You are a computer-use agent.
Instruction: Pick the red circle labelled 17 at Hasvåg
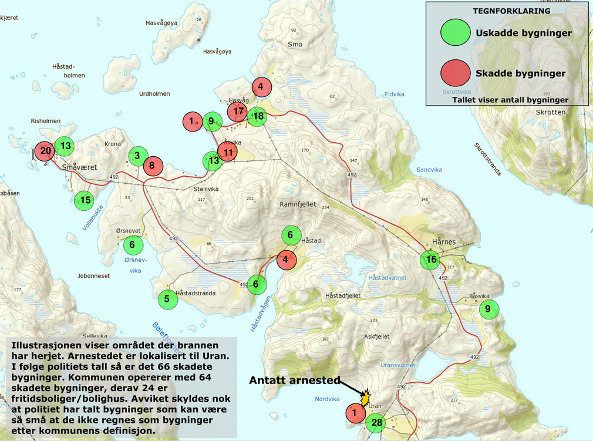click(x=237, y=110)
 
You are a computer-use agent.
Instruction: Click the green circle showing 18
click(x=257, y=116)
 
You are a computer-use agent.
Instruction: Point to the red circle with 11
click(x=228, y=152)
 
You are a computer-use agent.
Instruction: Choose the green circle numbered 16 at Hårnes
click(x=430, y=260)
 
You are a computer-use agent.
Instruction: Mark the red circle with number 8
click(x=152, y=166)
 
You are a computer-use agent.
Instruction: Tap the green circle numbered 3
click(x=138, y=156)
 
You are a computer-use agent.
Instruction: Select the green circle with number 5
click(x=167, y=299)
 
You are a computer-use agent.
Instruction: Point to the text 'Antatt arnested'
click(x=294, y=381)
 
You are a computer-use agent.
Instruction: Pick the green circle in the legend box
click(x=456, y=33)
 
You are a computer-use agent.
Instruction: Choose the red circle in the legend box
click(x=456, y=73)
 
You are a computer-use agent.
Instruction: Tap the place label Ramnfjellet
click(x=298, y=204)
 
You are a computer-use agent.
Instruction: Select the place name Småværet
click(x=79, y=167)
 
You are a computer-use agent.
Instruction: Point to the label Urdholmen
click(x=154, y=94)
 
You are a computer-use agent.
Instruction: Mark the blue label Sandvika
click(x=429, y=170)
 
